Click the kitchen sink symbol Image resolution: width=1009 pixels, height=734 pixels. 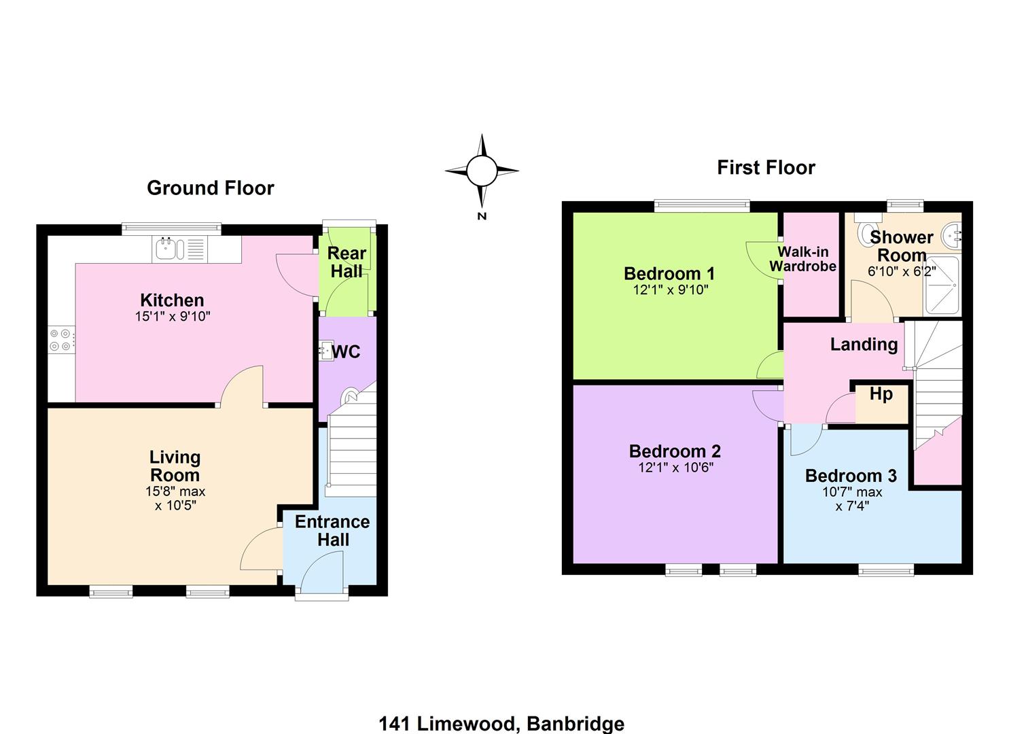[x=180, y=249]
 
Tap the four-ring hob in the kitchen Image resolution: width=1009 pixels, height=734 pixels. [x=60, y=340]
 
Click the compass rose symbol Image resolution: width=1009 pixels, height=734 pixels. [x=482, y=171]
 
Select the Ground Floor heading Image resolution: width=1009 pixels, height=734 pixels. [x=211, y=188]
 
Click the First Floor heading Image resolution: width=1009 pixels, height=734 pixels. [x=766, y=168]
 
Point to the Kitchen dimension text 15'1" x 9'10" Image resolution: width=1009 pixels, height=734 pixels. [x=173, y=316]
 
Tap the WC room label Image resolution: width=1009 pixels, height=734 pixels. [x=346, y=351]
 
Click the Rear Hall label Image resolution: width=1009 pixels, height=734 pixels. [x=347, y=262]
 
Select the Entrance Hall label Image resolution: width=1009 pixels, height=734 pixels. [x=332, y=530]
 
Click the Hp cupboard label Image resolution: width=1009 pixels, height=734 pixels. [x=881, y=394]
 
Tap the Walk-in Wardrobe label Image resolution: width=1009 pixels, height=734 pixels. [x=802, y=259]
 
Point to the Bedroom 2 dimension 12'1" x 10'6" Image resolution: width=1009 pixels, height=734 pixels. [x=675, y=468]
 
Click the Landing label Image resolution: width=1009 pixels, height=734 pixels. [x=864, y=345]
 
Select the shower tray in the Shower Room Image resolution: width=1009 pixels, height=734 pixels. [x=942, y=285]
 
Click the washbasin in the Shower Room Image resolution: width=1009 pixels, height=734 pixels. [x=952, y=235]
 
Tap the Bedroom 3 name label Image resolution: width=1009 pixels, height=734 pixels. [x=851, y=476]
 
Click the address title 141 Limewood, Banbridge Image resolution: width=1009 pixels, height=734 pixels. [x=501, y=724]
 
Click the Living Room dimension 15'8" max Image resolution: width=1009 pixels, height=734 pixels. [x=175, y=491]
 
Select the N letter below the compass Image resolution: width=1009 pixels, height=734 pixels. [x=482, y=216]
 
